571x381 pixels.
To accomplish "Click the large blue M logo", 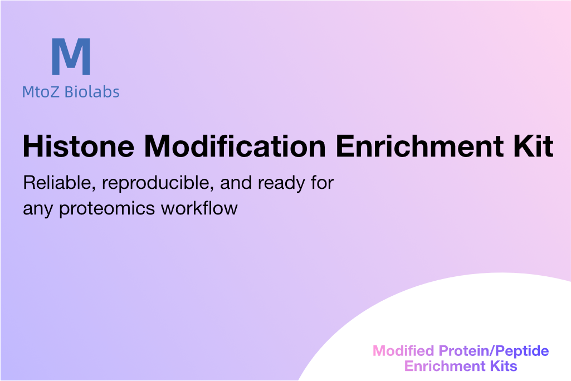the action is pyautogui.click(x=71, y=56).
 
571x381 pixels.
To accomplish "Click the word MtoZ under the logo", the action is pyautogui.click(x=41, y=92).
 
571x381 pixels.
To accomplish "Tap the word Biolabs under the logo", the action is pyautogui.click(x=92, y=92).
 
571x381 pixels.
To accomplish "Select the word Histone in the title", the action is pyautogui.click(x=79, y=146).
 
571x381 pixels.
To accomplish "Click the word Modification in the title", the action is pyautogui.click(x=235, y=146).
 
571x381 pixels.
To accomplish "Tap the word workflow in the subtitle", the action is pyautogui.click(x=199, y=208).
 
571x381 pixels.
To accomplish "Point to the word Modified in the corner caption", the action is pyautogui.click(x=403, y=351).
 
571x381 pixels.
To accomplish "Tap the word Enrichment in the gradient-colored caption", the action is pyautogui.click(x=445, y=366).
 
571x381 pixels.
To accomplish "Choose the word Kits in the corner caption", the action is pyautogui.click(x=504, y=366).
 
